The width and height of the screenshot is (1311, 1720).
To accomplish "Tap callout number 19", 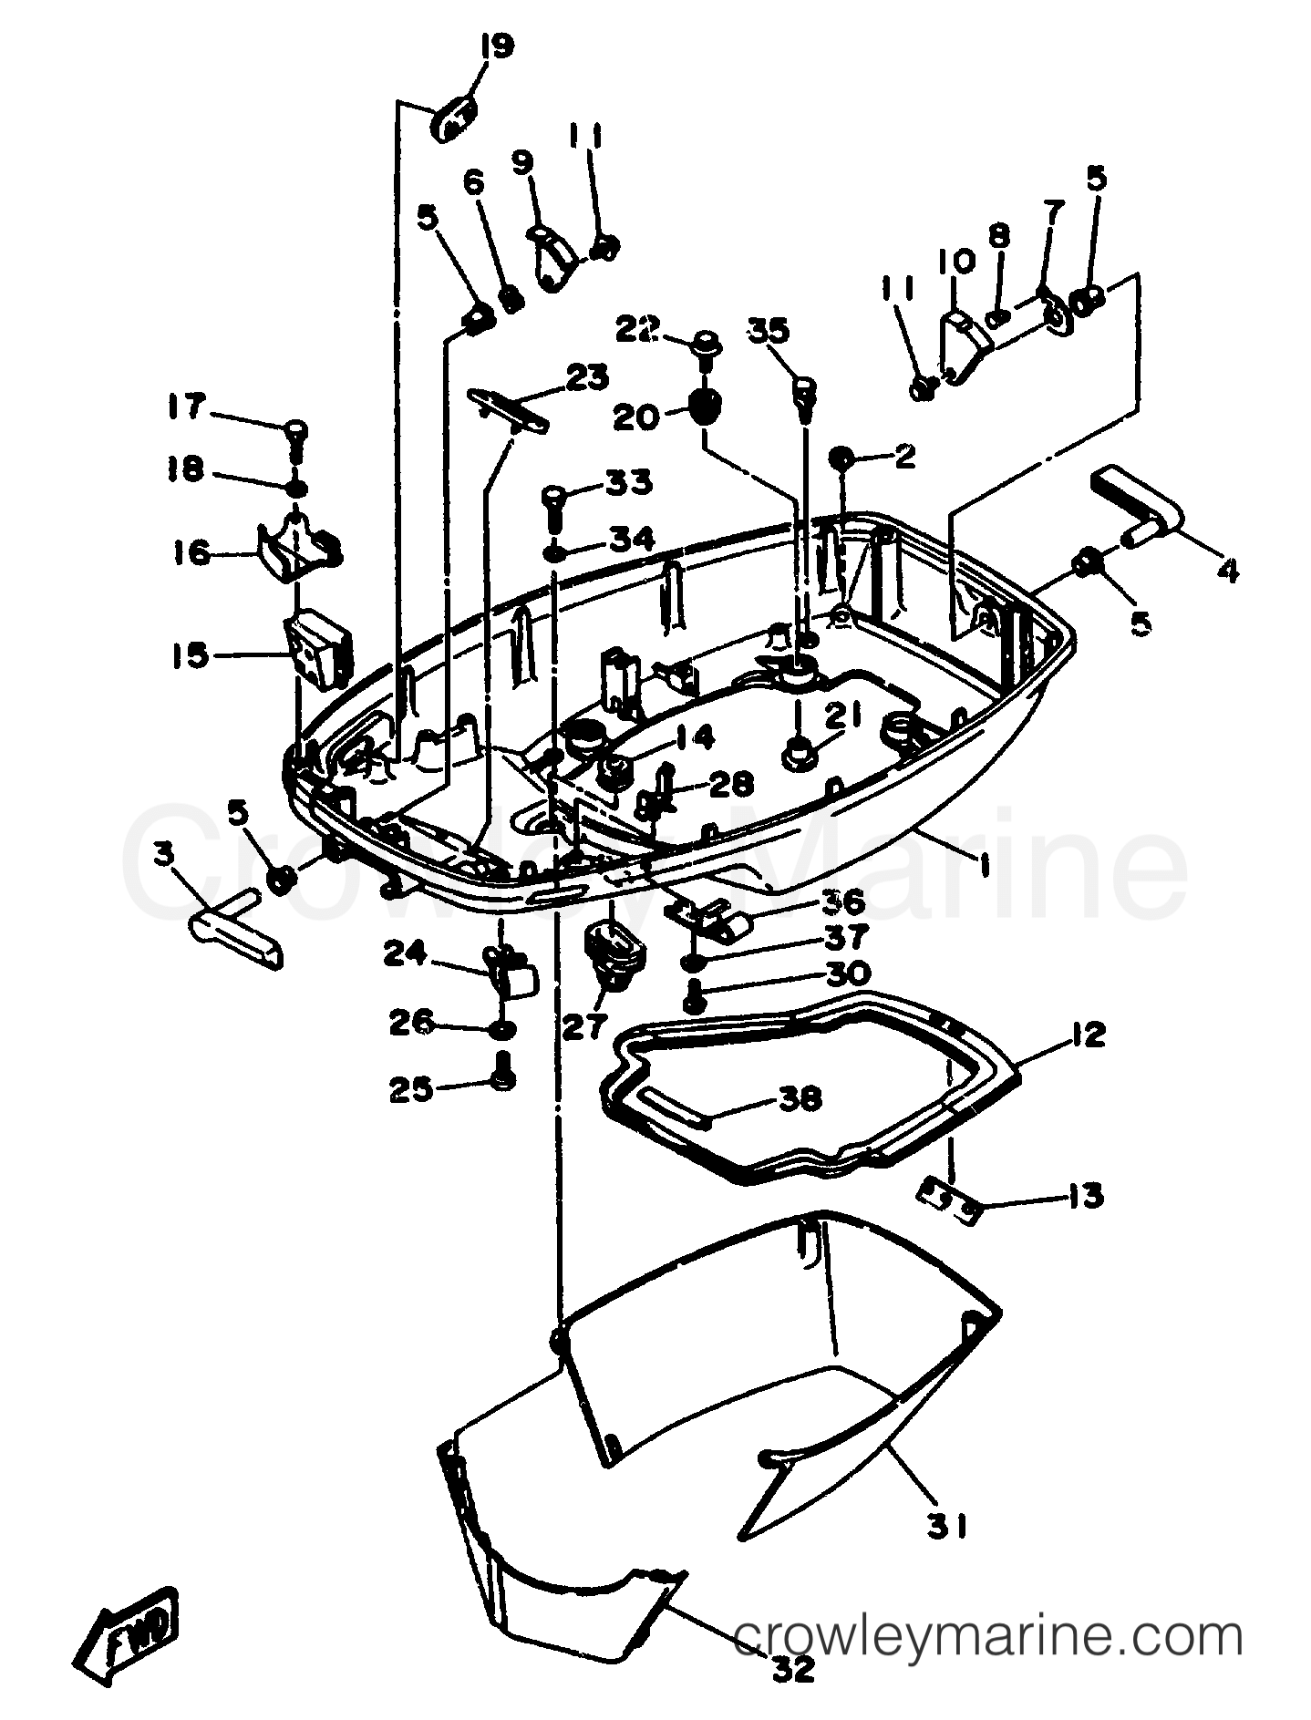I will pos(497,46).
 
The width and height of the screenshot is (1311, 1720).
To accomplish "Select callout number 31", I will pos(948,1524).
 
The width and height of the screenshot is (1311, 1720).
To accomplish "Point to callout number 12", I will pos(1086,1035).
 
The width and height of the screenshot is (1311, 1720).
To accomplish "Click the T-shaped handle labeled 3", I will pos(234,932).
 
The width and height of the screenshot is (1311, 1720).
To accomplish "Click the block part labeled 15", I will pos(316,648).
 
